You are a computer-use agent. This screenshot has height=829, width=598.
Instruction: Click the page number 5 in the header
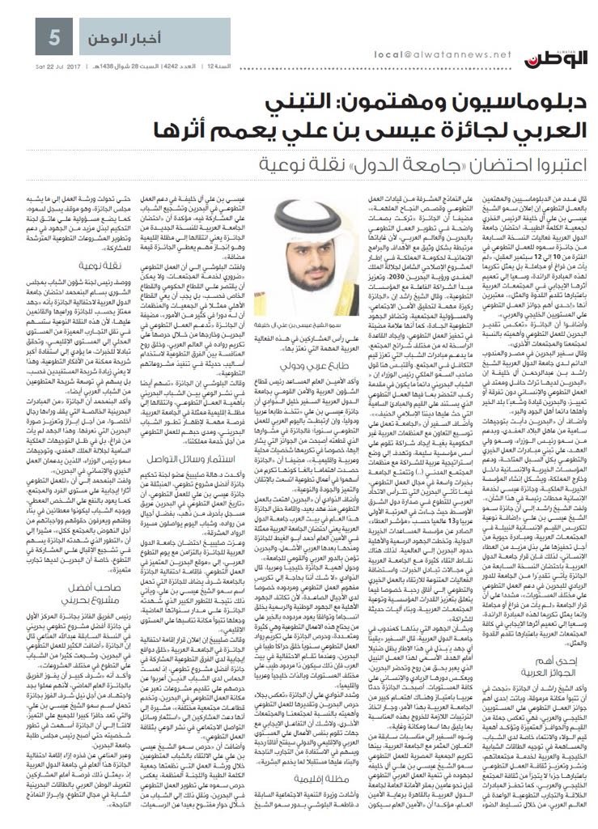[34, 36]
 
